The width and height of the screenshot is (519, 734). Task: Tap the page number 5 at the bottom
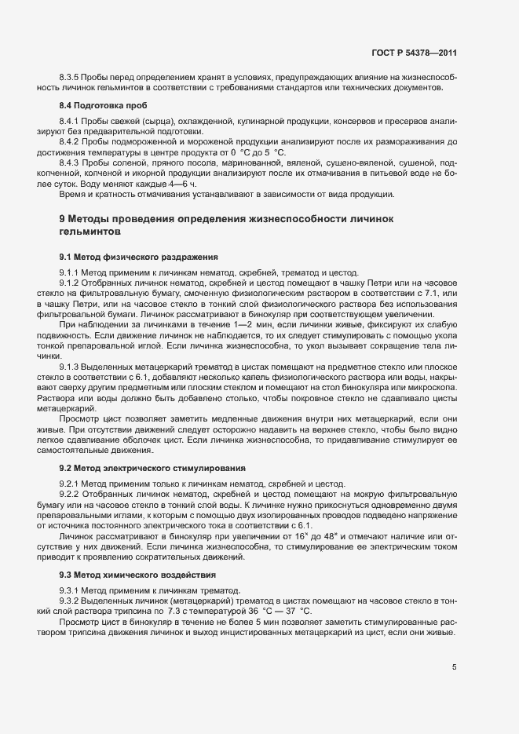(x=454, y=667)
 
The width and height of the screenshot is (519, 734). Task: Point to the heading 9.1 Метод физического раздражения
(x=133, y=257)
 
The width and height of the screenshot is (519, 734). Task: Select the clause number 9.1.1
(x=71, y=272)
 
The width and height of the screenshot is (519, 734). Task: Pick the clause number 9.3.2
(x=71, y=600)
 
